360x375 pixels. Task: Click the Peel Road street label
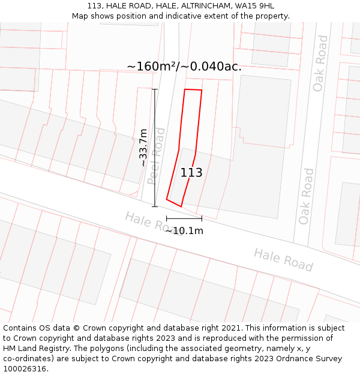tap(156, 155)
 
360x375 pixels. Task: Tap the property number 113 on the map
tap(191, 173)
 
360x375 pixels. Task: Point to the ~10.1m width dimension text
tap(184, 230)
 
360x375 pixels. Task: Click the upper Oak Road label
tap(321, 63)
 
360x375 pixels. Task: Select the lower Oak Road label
tap(306, 196)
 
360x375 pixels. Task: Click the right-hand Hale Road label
tap(283, 259)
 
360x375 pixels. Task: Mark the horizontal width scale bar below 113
tap(184, 218)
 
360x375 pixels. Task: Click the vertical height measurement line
tap(155, 148)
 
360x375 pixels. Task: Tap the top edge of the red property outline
tap(193, 90)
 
